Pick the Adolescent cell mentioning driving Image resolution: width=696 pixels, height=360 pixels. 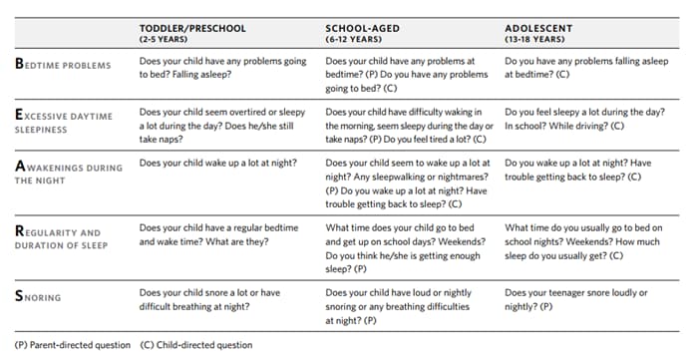(583, 120)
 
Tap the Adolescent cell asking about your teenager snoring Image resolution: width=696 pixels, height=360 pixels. (576, 299)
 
